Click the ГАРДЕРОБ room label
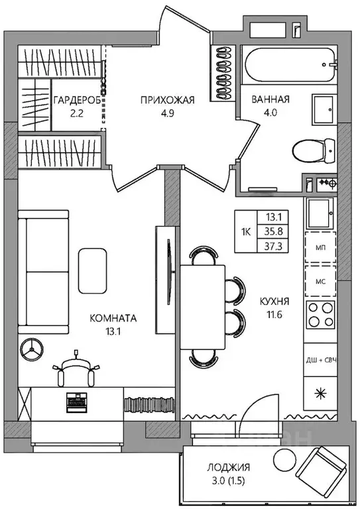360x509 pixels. [77, 100]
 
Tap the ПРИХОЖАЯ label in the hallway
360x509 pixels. [168, 100]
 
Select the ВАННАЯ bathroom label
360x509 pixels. [270, 99]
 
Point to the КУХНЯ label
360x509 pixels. [274, 302]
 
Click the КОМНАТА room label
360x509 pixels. [113, 318]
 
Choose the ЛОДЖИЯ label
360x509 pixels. [229, 467]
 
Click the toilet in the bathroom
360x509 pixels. [314, 150]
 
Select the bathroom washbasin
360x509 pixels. [323, 110]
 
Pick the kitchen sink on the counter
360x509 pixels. [320, 213]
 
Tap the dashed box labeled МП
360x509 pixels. [320, 247]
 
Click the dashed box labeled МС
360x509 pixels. [320, 281]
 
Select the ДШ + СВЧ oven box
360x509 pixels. [320, 360]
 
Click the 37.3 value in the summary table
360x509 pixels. [273, 247]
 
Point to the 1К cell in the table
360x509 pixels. [246, 232]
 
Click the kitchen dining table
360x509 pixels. [203, 307]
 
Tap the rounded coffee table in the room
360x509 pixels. [93, 270]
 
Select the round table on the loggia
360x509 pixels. [285, 460]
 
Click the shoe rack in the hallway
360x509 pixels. [223, 73]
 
